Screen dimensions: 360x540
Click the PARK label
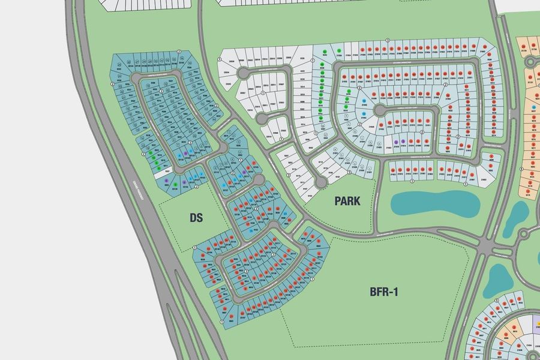347,201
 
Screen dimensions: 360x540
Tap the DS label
196,218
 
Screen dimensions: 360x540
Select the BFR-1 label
385,292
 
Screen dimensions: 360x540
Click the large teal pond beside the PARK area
434,204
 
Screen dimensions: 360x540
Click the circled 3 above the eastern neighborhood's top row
388,40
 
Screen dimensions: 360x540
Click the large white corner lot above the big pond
487,175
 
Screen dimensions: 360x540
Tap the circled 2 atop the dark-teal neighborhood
179,52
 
